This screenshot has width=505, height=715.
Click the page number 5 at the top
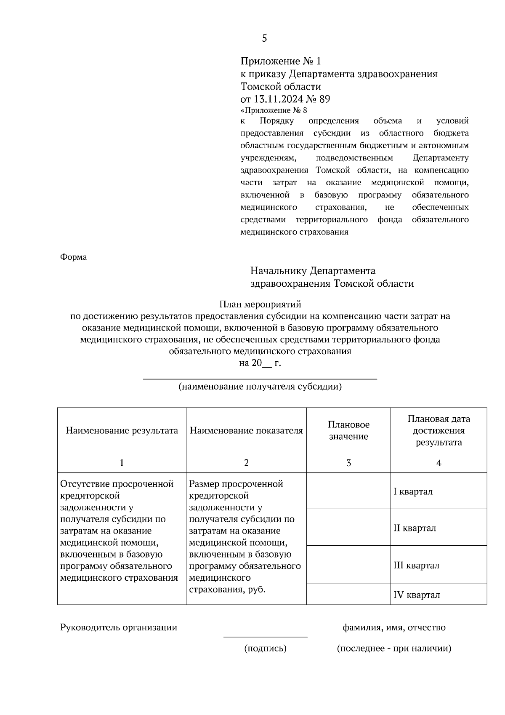(264, 38)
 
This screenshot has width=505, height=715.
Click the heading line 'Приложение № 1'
(280, 61)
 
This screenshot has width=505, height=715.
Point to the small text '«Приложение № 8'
(274, 111)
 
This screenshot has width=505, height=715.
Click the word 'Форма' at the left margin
(74, 257)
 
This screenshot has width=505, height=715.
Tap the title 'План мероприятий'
(260, 304)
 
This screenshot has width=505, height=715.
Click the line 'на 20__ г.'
(260, 363)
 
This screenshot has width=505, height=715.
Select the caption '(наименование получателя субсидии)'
(260, 387)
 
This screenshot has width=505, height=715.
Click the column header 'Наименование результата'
(122, 430)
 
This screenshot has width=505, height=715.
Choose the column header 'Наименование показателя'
(246, 430)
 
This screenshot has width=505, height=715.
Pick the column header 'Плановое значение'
(348, 430)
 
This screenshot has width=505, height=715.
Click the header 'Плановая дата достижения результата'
(439, 430)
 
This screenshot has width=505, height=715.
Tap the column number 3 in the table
(348, 463)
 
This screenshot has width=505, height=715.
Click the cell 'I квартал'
(413, 492)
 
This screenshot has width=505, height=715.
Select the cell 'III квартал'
(416, 566)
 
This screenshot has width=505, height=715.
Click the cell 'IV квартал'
(417, 595)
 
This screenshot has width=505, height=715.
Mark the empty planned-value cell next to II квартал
(348, 528)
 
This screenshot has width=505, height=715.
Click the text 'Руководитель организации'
(119, 627)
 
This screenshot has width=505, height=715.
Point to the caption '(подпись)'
(265, 648)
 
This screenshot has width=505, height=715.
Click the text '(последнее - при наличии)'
(394, 648)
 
